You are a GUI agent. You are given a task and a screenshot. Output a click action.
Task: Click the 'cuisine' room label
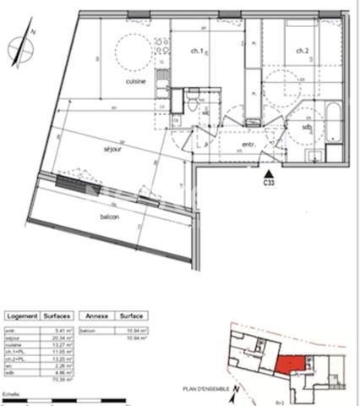(136, 81)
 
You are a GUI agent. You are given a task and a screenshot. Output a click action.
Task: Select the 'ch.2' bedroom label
(302, 52)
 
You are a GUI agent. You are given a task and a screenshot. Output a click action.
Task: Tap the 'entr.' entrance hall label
(249, 145)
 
